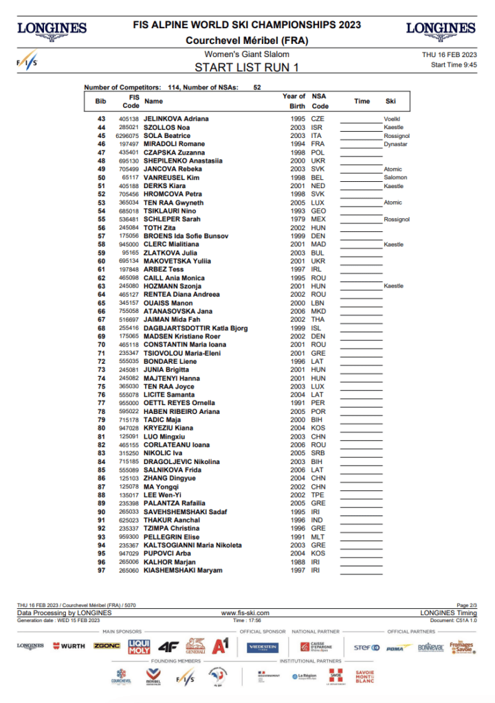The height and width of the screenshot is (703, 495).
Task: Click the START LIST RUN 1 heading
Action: tap(247, 67)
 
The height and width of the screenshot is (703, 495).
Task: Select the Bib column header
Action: tap(100, 101)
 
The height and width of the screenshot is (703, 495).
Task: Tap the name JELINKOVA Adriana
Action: tap(176, 119)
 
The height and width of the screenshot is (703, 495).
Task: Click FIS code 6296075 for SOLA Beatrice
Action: tap(129, 136)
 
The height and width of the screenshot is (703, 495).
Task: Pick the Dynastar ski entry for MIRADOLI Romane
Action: tap(395, 144)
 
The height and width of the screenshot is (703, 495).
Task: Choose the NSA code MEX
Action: tap(318, 219)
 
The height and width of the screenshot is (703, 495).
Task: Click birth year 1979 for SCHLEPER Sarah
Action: tap(298, 219)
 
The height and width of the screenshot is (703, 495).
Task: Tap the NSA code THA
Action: tap(318, 320)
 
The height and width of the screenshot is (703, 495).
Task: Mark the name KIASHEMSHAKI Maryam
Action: tap(182, 571)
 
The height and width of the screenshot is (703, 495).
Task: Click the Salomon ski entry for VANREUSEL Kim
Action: tap(395, 177)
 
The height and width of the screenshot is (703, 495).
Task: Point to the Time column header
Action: tap(362, 101)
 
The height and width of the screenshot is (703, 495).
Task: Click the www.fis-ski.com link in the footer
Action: tap(245, 612)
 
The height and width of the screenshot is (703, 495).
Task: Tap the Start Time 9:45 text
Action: tap(454, 65)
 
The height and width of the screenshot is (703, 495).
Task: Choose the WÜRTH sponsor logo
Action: tap(69, 646)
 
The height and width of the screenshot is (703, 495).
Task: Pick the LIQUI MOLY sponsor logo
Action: tap(139, 646)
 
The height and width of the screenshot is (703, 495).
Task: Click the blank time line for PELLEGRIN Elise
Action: tap(359, 537)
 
